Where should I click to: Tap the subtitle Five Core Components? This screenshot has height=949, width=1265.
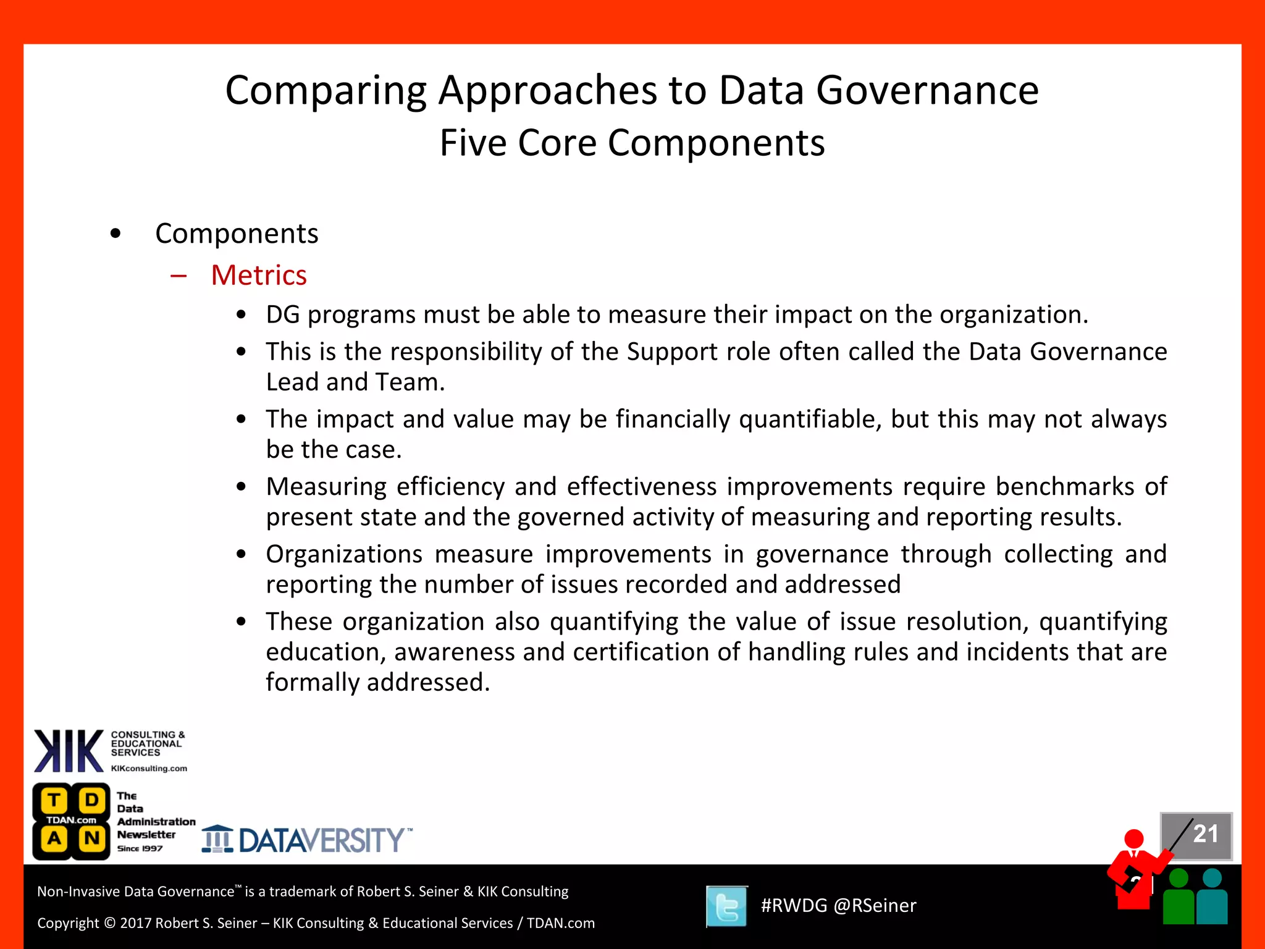pos(632,143)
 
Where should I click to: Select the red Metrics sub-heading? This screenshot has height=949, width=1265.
pos(258,275)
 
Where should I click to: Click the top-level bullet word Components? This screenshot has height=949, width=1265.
pos(237,234)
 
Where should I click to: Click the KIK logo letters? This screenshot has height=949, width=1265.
pos(69,751)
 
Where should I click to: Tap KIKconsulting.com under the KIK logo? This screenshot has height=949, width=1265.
pos(149,769)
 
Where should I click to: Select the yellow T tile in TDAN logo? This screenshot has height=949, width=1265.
pos(54,801)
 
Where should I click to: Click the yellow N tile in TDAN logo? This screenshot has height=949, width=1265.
pos(92,838)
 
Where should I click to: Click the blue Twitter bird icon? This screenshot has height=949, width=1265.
pos(726,906)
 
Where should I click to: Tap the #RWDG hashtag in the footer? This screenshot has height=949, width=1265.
pos(793,906)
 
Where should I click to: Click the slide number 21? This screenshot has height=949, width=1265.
pos(1205,834)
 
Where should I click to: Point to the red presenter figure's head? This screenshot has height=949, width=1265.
pos(1133,838)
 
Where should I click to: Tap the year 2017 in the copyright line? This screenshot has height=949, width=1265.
pos(136,923)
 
